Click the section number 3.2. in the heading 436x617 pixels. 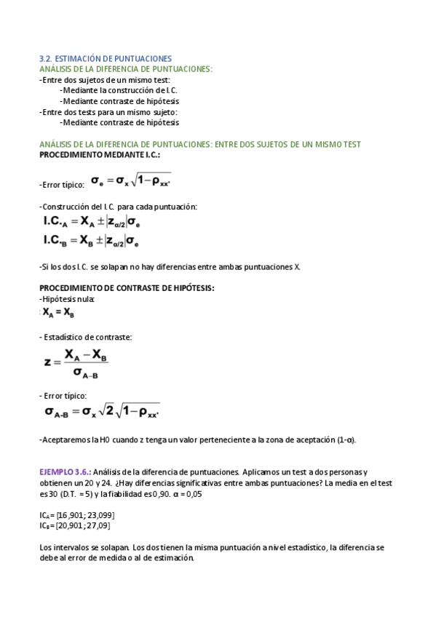(45, 58)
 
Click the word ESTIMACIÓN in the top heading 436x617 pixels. (80, 58)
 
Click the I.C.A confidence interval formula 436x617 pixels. (92, 222)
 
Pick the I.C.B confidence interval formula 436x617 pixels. (92, 240)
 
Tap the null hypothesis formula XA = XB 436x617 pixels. (58, 313)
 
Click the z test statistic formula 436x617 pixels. (77, 364)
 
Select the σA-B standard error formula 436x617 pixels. (102, 412)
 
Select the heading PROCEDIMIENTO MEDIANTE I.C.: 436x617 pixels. (100, 155)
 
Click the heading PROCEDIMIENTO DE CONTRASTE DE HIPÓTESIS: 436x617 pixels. (127, 288)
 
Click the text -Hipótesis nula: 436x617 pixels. (67, 299)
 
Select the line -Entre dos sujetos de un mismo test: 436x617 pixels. (104, 79)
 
